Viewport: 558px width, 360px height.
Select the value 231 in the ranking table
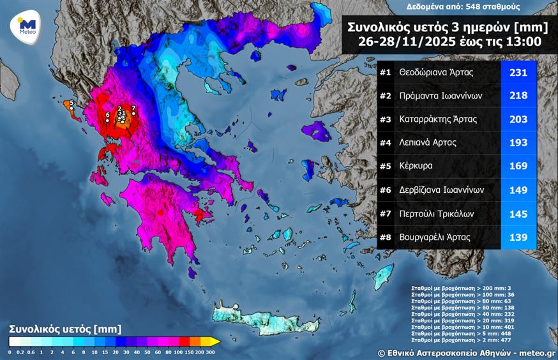coord(518,72)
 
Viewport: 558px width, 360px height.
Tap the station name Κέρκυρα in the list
coord(416,166)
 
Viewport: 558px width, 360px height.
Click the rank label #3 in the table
coord(385,119)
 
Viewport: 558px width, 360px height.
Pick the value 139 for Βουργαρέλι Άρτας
coord(518,237)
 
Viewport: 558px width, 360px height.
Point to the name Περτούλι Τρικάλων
coord(435,213)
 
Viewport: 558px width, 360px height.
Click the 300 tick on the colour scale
coord(209,352)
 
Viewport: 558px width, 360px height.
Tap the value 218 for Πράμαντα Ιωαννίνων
coord(518,96)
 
